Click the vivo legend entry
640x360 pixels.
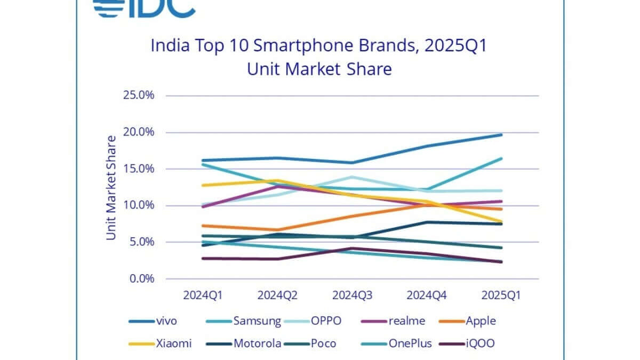(x=153, y=321)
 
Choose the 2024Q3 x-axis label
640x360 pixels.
(x=349, y=295)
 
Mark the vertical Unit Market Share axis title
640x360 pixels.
(x=111, y=187)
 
